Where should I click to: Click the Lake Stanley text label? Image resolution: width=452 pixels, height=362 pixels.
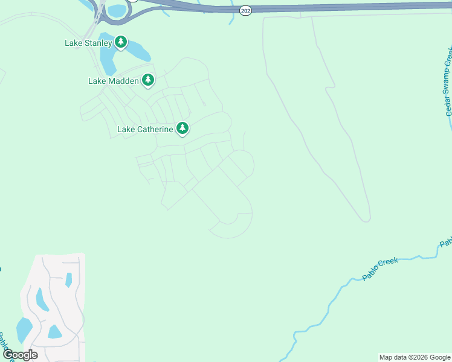88,43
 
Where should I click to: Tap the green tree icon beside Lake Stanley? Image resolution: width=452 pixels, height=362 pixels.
121,42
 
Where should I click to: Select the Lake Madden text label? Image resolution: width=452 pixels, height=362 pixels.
114,80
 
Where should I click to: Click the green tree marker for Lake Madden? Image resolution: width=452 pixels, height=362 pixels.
148,80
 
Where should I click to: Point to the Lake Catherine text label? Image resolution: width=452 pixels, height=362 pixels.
145,129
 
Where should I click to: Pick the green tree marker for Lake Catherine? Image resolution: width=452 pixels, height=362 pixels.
182,128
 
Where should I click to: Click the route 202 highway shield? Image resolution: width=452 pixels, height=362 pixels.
245,11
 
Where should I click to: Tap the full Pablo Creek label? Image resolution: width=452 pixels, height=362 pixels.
380,270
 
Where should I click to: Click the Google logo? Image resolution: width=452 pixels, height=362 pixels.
20,355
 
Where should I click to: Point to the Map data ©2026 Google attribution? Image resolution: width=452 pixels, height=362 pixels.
415,357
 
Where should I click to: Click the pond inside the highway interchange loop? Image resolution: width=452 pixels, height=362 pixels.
117,10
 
